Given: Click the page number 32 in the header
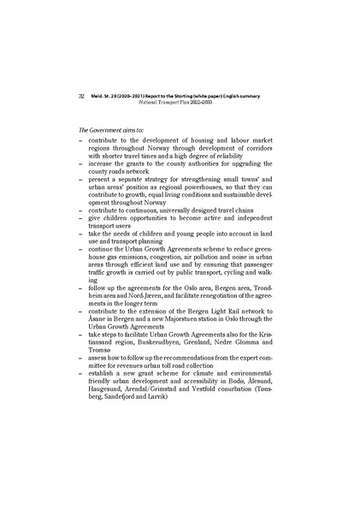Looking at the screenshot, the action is [80, 96].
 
